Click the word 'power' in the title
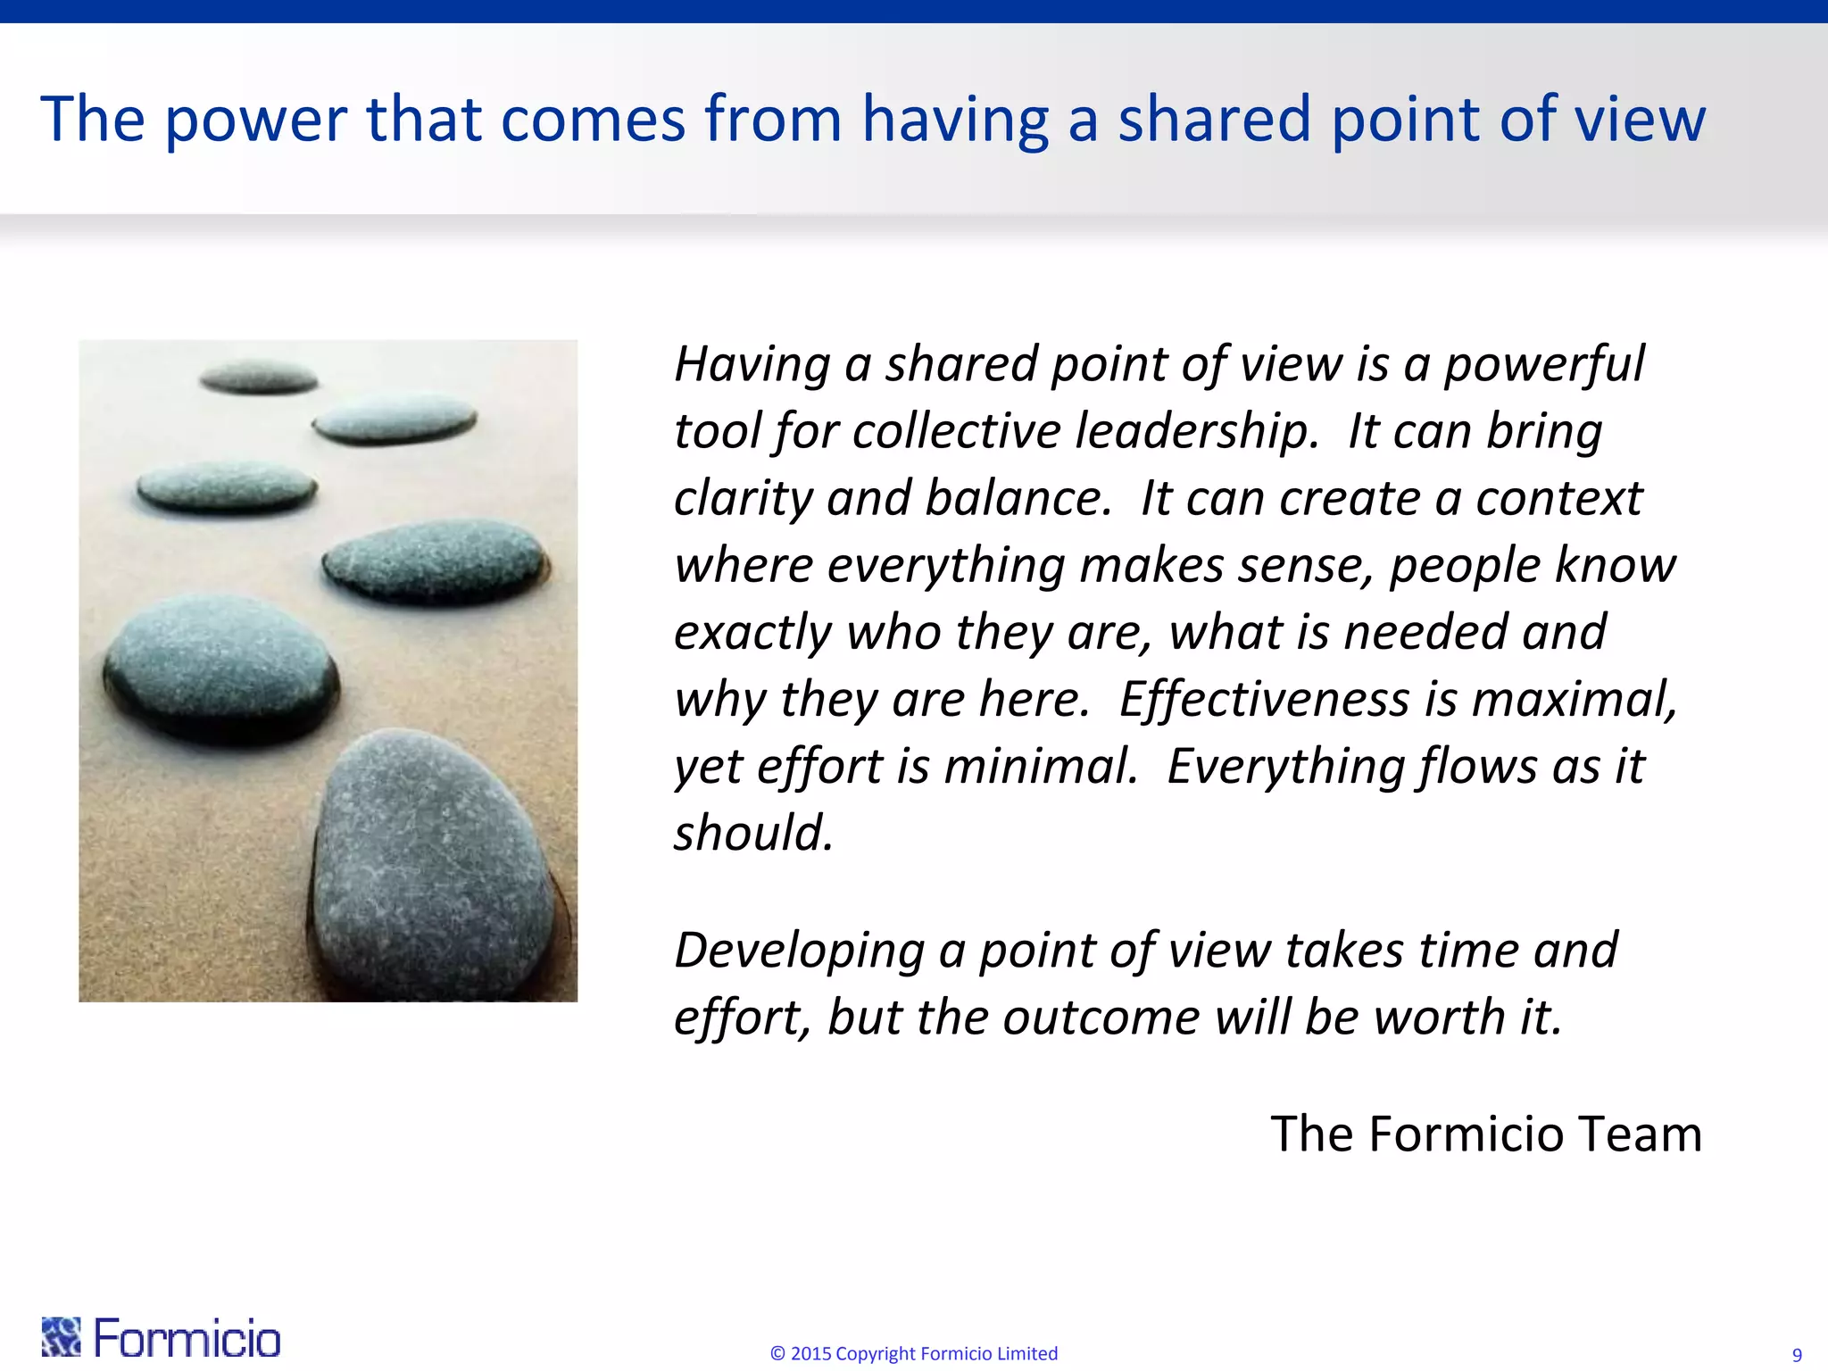(x=256, y=120)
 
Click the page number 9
(x=1797, y=1355)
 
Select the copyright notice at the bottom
(x=913, y=1353)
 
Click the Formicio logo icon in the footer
(x=61, y=1336)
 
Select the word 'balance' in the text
(x=1018, y=498)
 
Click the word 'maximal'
(x=1575, y=699)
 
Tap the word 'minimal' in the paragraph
(x=1040, y=766)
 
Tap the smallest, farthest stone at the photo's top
(x=258, y=378)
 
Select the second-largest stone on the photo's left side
(x=221, y=665)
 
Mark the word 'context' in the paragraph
(x=1558, y=498)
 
